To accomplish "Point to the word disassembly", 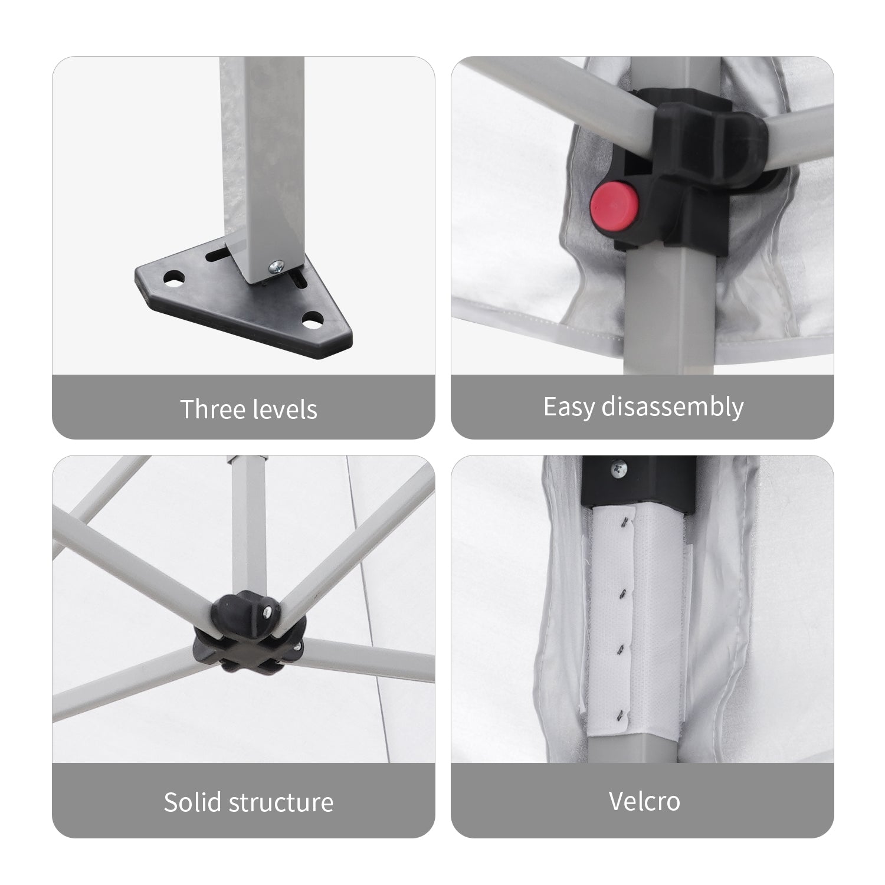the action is pyautogui.click(x=673, y=407).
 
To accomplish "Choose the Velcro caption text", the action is pyautogui.click(x=644, y=801).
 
